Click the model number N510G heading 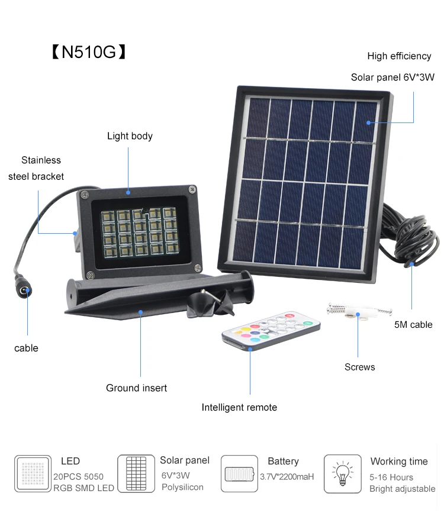tap(89, 52)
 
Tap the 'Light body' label tap(130, 136)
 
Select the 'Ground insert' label tap(136, 388)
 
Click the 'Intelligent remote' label tap(239, 407)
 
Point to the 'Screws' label tap(360, 367)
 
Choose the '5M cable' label tap(413, 324)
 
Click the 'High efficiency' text tap(399, 56)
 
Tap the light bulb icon tap(342, 473)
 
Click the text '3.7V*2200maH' tap(287, 477)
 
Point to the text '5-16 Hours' tap(391, 477)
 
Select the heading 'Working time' tap(399, 462)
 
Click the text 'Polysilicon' tap(182, 487)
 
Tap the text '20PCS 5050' tap(78, 476)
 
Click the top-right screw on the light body tap(192, 189)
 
